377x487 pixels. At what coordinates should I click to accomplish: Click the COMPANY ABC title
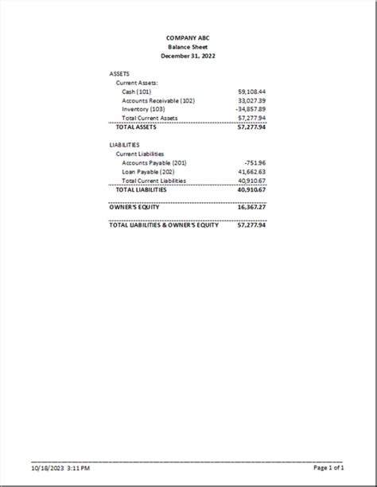pos(188,37)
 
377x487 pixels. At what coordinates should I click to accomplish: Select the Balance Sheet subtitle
pos(188,47)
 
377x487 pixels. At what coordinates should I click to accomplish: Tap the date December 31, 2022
pos(188,56)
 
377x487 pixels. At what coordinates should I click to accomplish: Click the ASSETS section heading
pos(119,73)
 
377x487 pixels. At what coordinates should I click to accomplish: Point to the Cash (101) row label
pos(137,92)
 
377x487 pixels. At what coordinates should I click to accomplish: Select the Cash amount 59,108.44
pos(251,92)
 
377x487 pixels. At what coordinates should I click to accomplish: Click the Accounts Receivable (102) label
pos(158,100)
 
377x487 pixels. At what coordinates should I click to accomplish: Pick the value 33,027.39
pos(251,100)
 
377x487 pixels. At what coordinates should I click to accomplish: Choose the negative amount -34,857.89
pos(251,109)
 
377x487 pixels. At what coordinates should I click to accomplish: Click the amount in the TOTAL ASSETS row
pos(251,127)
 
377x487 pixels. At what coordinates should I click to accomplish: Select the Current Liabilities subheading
pos(140,154)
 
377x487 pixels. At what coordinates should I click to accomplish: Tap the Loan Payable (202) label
pos(148,171)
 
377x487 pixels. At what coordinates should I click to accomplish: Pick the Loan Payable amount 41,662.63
pos(251,171)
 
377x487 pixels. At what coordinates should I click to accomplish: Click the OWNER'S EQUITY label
pos(134,207)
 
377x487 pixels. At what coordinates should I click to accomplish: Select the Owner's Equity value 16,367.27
pos(251,207)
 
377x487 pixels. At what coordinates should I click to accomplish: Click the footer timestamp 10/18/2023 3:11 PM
pos(60,468)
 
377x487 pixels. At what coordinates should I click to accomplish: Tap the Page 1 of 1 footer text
pos(329,468)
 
